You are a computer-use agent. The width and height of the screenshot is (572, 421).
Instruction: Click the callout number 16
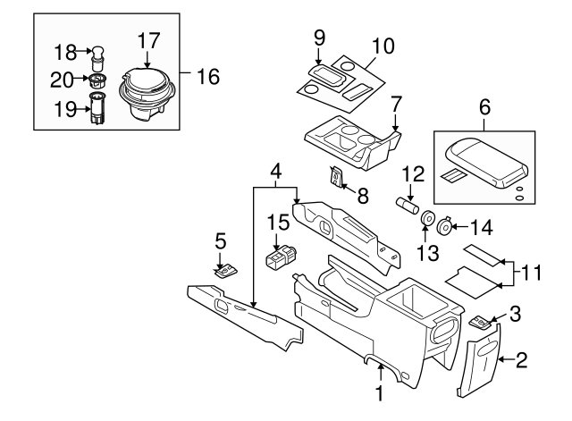208,77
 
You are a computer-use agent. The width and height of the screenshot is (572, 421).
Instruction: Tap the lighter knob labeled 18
97,58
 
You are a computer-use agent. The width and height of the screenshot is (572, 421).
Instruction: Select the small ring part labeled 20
97,80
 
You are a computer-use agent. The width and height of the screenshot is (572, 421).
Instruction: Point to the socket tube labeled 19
97,108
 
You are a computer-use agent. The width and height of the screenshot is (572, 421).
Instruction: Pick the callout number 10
383,46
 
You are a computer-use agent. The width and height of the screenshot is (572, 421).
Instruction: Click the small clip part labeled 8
336,176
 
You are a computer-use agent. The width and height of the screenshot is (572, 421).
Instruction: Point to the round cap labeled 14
445,226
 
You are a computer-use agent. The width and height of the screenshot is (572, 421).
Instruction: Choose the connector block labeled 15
281,257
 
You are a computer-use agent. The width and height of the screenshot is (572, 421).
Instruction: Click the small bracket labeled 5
226,272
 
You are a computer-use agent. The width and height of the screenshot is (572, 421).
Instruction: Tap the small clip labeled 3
481,323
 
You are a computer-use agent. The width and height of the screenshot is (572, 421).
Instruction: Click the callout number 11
531,273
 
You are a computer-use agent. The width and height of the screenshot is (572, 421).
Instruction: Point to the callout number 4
276,171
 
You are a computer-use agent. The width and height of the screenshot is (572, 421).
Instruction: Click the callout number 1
380,393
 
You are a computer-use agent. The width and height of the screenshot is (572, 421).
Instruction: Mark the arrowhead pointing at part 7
396,128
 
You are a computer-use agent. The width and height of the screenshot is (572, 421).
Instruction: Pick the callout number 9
319,38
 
